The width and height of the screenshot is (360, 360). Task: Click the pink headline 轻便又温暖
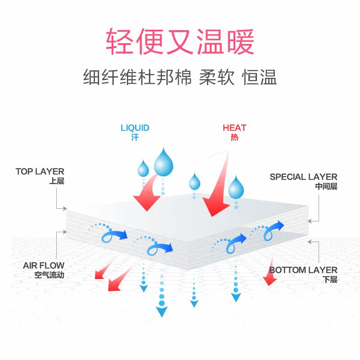[180, 42]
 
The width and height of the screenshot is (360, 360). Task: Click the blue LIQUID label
[135, 128]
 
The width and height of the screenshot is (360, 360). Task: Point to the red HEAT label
[234, 128]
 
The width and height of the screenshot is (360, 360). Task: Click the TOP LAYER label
[40, 171]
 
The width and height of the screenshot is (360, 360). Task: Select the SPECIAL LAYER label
[303, 177]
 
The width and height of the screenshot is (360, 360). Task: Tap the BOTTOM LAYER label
[303, 270]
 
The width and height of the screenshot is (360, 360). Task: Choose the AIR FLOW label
[44, 265]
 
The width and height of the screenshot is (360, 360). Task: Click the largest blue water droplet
[164, 163]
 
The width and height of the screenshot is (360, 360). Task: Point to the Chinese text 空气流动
[49, 275]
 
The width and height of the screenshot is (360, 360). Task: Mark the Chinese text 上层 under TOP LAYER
[57, 181]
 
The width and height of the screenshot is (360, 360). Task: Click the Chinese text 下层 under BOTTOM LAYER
[330, 279]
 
